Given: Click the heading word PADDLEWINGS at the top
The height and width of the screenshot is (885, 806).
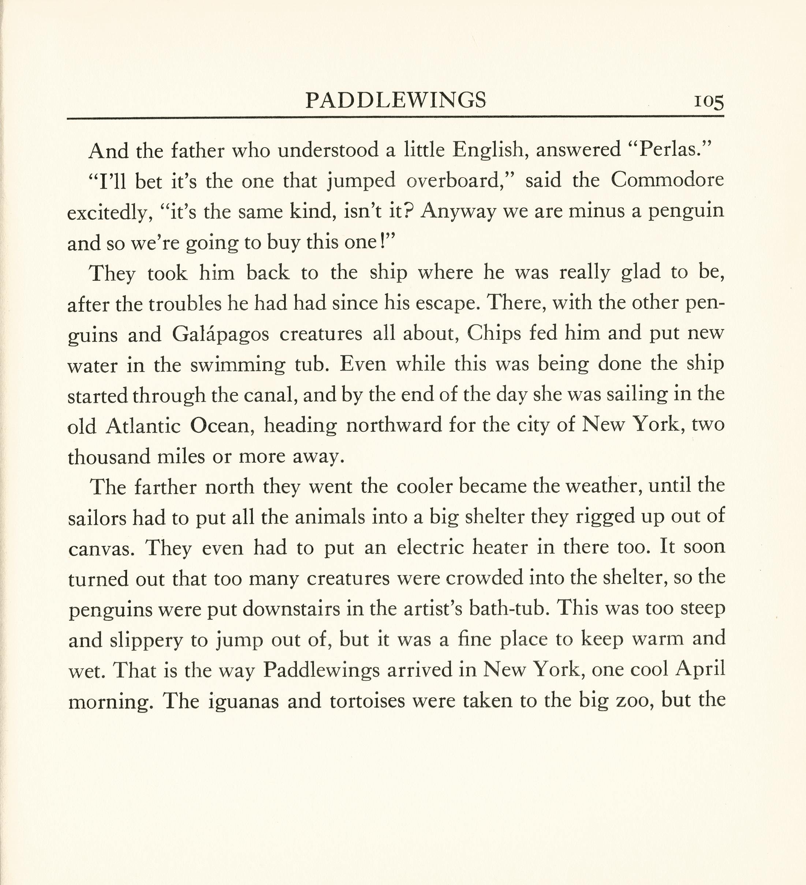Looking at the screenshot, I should coord(395,101).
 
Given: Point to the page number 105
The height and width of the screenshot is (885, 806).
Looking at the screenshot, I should coord(708,102).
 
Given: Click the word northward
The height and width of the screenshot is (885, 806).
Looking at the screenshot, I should coord(393,425).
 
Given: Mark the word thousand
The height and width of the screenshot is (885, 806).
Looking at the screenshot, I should coord(109,457).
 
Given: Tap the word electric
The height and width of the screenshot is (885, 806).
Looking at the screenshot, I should coord(430,548).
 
